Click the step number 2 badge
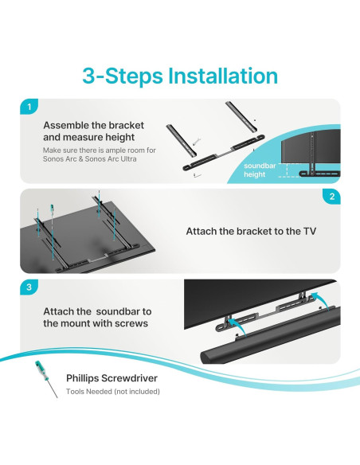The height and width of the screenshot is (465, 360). pyautogui.click(x=331, y=197)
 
